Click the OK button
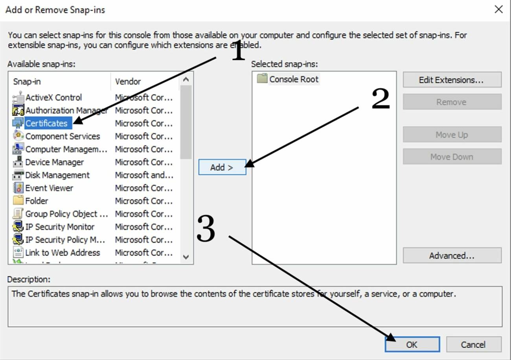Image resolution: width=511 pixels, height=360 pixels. (412, 345)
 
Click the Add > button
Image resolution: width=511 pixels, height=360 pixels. (222, 167)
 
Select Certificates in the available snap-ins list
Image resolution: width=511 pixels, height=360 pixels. (46, 123)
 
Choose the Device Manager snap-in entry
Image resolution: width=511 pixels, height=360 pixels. (54, 162)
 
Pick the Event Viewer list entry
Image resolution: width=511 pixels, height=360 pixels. (49, 188)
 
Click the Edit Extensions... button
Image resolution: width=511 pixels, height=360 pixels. (452, 80)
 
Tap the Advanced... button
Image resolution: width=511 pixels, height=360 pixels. (452, 256)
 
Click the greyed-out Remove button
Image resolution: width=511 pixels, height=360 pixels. (452, 102)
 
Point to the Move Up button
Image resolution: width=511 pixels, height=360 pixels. (452, 135)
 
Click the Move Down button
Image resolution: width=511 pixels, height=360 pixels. (452, 157)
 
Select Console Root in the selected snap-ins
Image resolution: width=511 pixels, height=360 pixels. (294, 79)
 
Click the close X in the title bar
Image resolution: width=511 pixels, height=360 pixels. (498, 9)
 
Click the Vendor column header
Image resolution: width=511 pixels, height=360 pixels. (128, 81)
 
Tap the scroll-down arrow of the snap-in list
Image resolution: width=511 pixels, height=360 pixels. (186, 257)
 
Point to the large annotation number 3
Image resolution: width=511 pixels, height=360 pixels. (206, 229)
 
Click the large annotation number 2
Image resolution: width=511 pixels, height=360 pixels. (380, 99)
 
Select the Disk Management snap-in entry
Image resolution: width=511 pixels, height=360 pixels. (57, 175)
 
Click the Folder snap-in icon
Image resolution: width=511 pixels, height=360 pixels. (18, 201)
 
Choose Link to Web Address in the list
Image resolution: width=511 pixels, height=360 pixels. (62, 253)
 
